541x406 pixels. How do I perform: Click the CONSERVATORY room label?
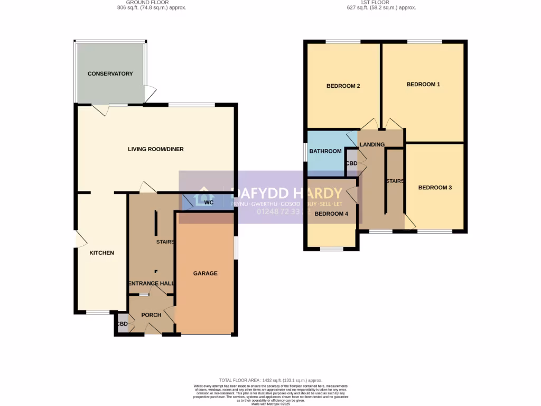[x=110, y=73]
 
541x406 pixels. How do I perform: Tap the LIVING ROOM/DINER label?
[x=156, y=149]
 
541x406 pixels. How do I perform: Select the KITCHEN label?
[x=101, y=253]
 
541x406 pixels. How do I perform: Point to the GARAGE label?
[x=205, y=273]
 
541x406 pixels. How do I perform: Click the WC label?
[x=208, y=202]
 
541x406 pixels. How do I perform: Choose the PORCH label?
[x=151, y=315]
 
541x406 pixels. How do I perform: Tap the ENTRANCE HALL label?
[x=151, y=284]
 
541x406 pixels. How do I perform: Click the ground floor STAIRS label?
[x=165, y=242]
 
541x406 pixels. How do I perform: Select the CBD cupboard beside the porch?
[x=122, y=324]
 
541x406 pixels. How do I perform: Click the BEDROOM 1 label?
[x=423, y=84]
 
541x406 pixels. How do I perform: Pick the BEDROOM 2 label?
[x=343, y=86]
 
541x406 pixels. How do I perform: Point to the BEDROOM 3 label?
[x=435, y=187]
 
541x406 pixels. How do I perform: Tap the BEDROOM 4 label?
[x=331, y=214]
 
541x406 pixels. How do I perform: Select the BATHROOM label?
[x=325, y=151]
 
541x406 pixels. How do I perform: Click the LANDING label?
[x=372, y=144]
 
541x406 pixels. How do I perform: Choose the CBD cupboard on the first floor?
[x=351, y=163]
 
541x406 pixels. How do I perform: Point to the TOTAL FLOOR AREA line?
[x=270, y=380]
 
